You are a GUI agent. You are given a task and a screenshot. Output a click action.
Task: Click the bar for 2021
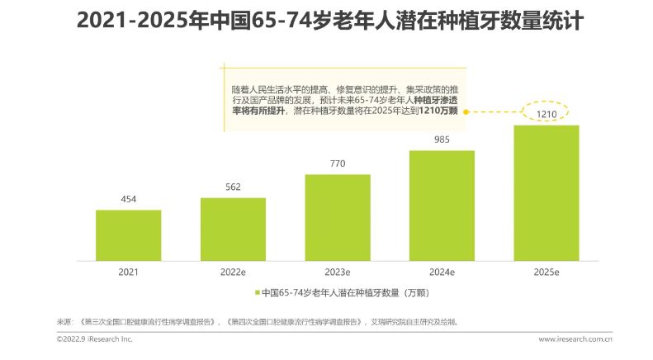click(128, 235)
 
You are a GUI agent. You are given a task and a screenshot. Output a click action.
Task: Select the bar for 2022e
click(233, 229)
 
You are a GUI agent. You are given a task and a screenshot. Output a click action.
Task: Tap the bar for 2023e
click(338, 217)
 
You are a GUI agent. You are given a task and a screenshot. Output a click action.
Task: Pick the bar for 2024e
click(442, 206)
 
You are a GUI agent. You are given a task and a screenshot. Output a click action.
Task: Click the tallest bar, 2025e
click(547, 192)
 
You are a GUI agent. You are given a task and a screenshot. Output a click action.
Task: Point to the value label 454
click(128, 199)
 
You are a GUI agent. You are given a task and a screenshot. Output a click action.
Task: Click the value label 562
click(233, 187)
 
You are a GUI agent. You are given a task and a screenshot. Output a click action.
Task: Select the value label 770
click(338, 163)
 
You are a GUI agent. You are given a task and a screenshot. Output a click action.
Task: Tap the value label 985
click(442, 140)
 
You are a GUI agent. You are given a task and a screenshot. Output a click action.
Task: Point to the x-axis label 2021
click(128, 271)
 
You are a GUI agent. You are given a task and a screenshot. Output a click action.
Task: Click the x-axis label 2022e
click(233, 271)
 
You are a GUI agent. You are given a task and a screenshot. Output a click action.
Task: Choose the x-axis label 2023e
click(338, 271)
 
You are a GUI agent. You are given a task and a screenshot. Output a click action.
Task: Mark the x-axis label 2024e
click(442, 271)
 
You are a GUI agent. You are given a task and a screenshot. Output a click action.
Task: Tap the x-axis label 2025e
click(547, 271)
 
